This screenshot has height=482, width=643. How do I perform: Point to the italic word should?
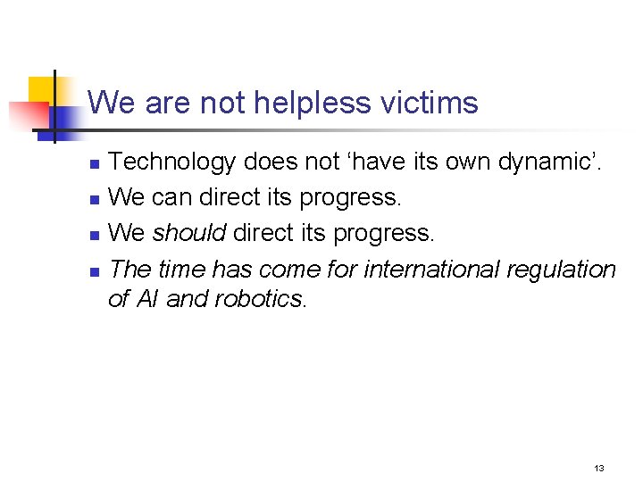pos(189,233)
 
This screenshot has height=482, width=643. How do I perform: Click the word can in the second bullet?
pos(170,197)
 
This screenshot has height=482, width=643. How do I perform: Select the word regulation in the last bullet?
pos(562,270)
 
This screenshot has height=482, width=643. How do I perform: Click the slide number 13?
pos(599,468)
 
